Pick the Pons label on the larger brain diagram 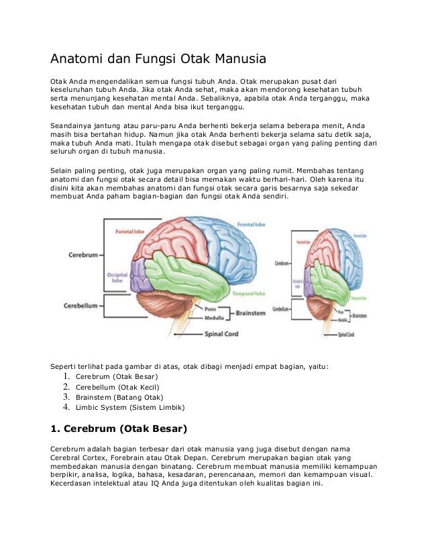(211, 309)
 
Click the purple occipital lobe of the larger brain (142, 276)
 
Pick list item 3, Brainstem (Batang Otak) (114, 396)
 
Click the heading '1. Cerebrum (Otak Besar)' (119, 428)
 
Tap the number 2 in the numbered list (66, 386)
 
